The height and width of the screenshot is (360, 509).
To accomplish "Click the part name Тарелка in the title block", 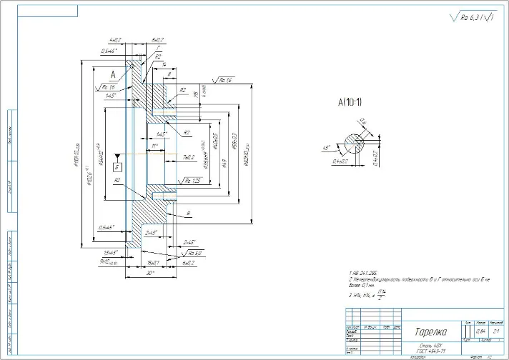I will [x=430, y=331].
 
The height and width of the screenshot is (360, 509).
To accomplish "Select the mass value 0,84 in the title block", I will [x=480, y=331].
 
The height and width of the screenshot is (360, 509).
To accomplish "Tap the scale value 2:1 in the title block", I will [x=495, y=331].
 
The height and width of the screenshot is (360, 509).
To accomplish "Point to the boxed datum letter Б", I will [x=117, y=166].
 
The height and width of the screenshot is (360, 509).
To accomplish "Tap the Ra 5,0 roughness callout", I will [x=195, y=253].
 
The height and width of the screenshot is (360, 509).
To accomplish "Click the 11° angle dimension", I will [x=154, y=146].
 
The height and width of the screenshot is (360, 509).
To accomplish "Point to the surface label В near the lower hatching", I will [x=187, y=214].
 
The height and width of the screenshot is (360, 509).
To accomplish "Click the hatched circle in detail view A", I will [x=353, y=144].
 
